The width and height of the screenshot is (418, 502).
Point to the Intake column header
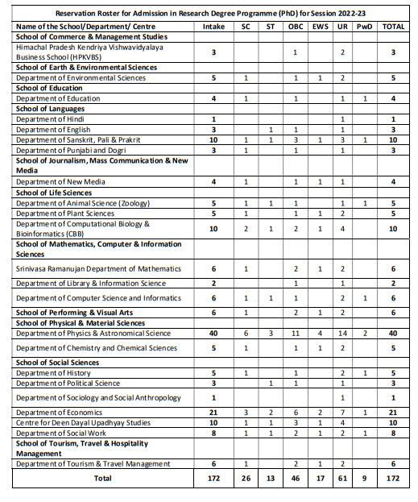(x=214, y=26)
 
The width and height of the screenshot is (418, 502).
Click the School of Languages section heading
(x=50, y=109)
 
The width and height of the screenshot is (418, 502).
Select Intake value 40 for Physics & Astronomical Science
(x=214, y=333)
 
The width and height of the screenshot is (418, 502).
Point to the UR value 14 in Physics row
(x=342, y=333)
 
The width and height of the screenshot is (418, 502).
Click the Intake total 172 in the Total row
(x=214, y=479)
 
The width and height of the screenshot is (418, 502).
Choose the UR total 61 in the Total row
(x=342, y=479)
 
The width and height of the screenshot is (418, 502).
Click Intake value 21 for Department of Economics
(x=214, y=412)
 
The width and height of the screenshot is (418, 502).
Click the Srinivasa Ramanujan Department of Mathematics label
(x=98, y=268)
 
